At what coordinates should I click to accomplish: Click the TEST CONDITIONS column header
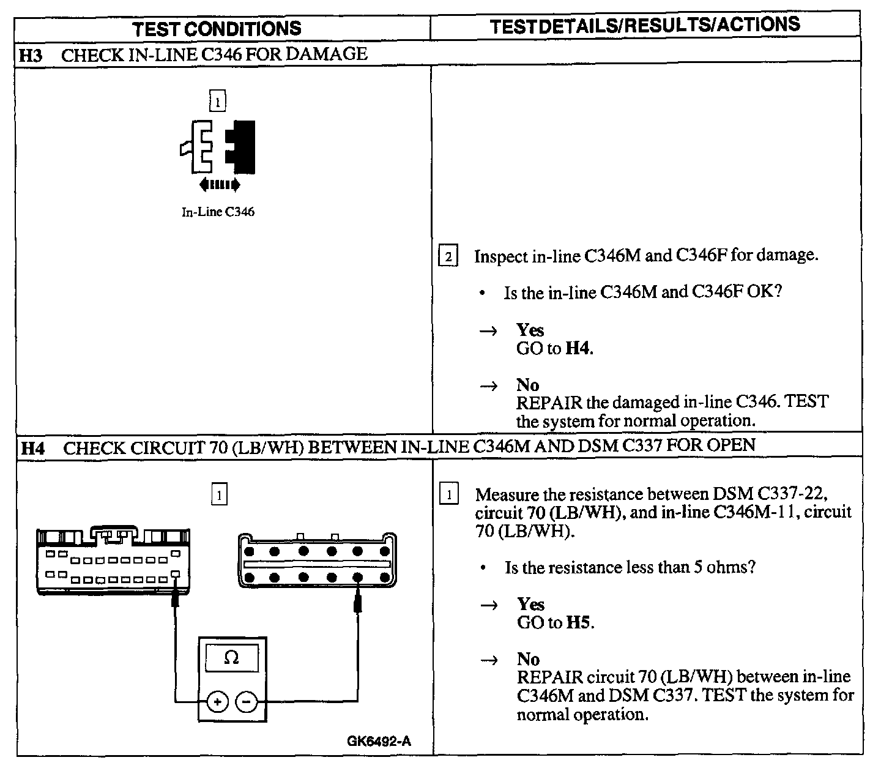coord(217,28)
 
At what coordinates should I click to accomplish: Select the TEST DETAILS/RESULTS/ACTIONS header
coord(645,25)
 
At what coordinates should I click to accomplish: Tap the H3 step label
coord(30,55)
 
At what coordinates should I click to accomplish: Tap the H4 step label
coord(32,448)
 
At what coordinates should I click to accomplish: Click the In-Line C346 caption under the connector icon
coord(218,212)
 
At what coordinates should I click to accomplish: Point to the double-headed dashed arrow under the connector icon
coord(219,184)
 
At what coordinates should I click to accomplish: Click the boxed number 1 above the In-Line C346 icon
coord(217,100)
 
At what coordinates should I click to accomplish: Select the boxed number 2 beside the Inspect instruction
coord(448,257)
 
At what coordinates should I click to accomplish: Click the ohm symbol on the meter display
coord(231,658)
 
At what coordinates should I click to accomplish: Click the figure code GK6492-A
coord(379,742)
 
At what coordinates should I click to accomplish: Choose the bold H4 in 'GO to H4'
coord(578,349)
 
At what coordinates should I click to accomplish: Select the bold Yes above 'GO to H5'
coord(530,605)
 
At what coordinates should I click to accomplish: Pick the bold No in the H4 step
coord(528,659)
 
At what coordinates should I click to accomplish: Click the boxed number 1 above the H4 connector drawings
coord(218,494)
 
